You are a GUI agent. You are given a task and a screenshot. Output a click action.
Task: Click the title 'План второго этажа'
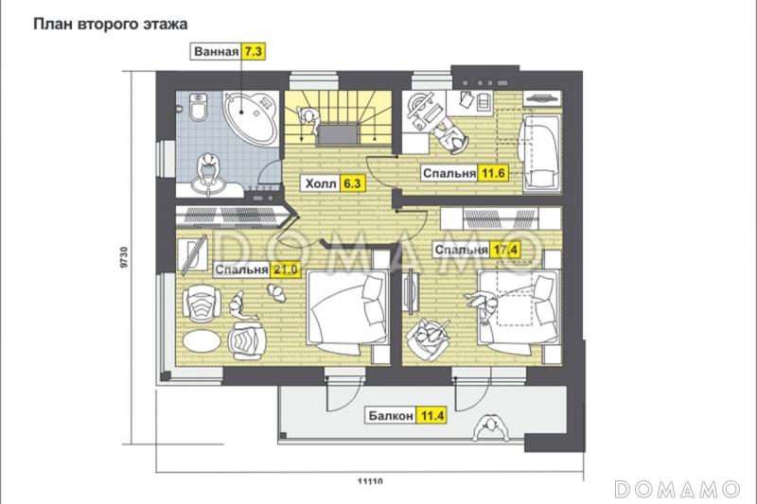point(110,25)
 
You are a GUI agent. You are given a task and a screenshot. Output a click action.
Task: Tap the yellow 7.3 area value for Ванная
point(254,52)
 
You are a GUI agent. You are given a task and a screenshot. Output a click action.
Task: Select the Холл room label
point(321,183)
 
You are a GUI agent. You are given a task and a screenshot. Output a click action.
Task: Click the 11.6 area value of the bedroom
point(493,173)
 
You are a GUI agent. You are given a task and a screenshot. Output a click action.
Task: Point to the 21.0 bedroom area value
point(286,269)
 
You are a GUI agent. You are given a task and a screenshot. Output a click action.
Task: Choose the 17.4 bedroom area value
point(505,250)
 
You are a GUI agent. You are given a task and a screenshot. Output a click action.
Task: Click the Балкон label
point(391,415)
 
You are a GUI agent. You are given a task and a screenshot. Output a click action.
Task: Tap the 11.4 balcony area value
point(431,415)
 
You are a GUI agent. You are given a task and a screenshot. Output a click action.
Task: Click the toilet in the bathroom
point(199,108)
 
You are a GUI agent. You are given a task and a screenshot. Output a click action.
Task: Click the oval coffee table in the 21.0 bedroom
point(202,341)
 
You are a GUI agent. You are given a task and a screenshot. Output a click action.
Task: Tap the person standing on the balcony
point(490,427)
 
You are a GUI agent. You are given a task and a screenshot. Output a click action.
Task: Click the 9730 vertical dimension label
point(124,257)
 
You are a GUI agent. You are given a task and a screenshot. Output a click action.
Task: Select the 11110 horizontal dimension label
point(370,481)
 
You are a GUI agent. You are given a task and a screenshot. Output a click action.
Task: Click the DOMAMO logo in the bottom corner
point(678,489)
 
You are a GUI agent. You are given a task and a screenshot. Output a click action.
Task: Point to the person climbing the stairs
point(309,120)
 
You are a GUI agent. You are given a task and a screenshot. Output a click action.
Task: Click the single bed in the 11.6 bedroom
point(540,153)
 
